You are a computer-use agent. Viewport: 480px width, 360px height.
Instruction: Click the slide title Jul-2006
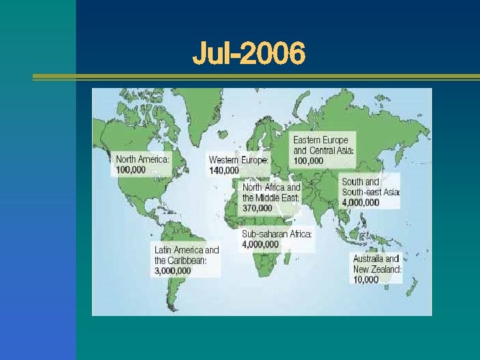[x=249, y=53]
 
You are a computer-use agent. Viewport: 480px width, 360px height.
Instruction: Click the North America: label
[x=143, y=159]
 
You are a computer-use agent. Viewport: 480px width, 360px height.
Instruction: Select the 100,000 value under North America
[x=131, y=170]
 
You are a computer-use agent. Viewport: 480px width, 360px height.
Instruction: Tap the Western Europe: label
[x=239, y=160]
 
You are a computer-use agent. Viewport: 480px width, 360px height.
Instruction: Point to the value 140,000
[x=223, y=171]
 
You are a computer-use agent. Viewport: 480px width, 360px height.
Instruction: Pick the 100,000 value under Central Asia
[x=309, y=161]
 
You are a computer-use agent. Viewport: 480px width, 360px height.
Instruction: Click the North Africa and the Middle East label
[x=271, y=193]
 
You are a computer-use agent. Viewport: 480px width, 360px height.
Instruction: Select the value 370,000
[x=257, y=208]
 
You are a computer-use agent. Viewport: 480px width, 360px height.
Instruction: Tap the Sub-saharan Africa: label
[x=277, y=234]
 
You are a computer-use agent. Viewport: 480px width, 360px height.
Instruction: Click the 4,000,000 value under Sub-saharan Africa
[x=261, y=245]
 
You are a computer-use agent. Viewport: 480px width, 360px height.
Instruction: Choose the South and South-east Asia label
[x=371, y=187]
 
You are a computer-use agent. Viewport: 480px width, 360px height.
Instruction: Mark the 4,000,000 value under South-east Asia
[x=361, y=203]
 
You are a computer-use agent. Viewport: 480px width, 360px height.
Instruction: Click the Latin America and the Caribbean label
[x=187, y=255]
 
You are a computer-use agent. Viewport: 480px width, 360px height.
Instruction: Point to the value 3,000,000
[x=173, y=271]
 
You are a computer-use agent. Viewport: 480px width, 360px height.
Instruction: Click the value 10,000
[x=366, y=280]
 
